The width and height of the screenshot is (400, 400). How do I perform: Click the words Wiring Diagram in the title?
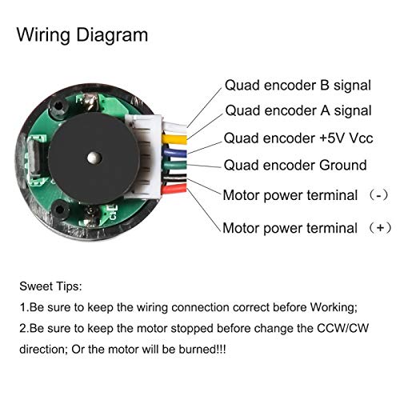click(83, 35)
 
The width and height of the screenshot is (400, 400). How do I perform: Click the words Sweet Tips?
click(52, 286)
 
